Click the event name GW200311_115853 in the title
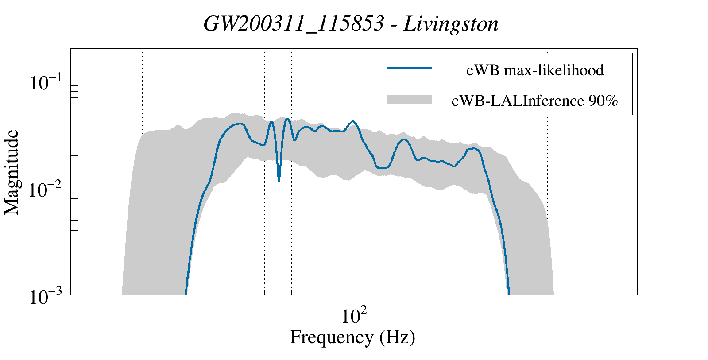click(293, 24)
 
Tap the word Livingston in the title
click(451, 24)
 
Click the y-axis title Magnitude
click(12, 172)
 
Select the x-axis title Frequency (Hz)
click(352, 337)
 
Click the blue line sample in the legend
click(409, 68)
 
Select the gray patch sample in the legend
click(409, 99)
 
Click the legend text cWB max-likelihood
click(534, 70)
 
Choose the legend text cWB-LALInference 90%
click(534, 101)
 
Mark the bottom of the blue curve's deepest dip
click(279, 180)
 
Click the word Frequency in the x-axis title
click(331, 337)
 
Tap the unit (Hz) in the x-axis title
click(397, 337)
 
